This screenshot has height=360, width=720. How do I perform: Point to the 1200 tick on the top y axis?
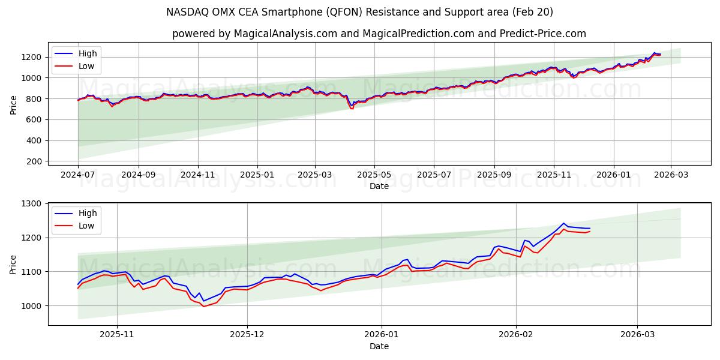[x=32, y=57]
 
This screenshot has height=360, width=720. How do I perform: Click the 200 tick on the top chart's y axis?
[x=34, y=161]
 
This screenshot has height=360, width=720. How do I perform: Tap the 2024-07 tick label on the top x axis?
[x=78, y=175]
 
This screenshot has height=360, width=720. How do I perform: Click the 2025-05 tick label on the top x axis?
[x=374, y=175]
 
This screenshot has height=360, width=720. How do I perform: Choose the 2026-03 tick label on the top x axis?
[x=671, y=175]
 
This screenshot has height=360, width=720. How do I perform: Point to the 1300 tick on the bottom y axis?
[x=32, y=204]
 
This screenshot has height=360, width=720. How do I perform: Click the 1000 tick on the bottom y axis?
[x=32, y=305]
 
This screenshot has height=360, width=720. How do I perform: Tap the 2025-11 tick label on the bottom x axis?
[x=117, y=335]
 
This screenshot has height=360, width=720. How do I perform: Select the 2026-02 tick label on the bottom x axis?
[x=516, y=335]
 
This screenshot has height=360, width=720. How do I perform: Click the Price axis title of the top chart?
[x=14, y=104]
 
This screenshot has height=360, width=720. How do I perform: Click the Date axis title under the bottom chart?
[x=379, y=346]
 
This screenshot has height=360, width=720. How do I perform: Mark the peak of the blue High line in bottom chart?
[x=563, y=223]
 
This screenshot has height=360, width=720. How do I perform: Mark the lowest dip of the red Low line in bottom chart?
[x=203, y=307]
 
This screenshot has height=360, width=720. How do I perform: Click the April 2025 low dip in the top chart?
[x=352, y=108]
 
